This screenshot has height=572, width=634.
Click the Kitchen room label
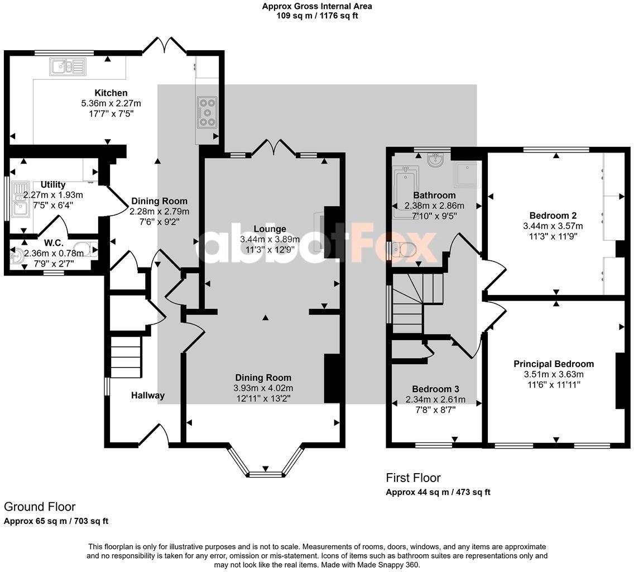(111, 93)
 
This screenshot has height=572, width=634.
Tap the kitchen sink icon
(68, 67)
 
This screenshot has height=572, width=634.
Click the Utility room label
(53, 185)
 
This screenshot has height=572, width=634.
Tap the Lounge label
(270, 229)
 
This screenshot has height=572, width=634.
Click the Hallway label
(148, 395)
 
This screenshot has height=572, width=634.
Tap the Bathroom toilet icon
(404, 251)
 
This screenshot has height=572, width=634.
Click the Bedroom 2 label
(553, 216)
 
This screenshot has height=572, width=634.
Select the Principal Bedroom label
(554, 364)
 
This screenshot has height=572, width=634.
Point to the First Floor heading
(413, 478)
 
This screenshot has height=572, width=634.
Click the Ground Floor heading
(40, 507)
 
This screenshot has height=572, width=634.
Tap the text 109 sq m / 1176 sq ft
(317, 16)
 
